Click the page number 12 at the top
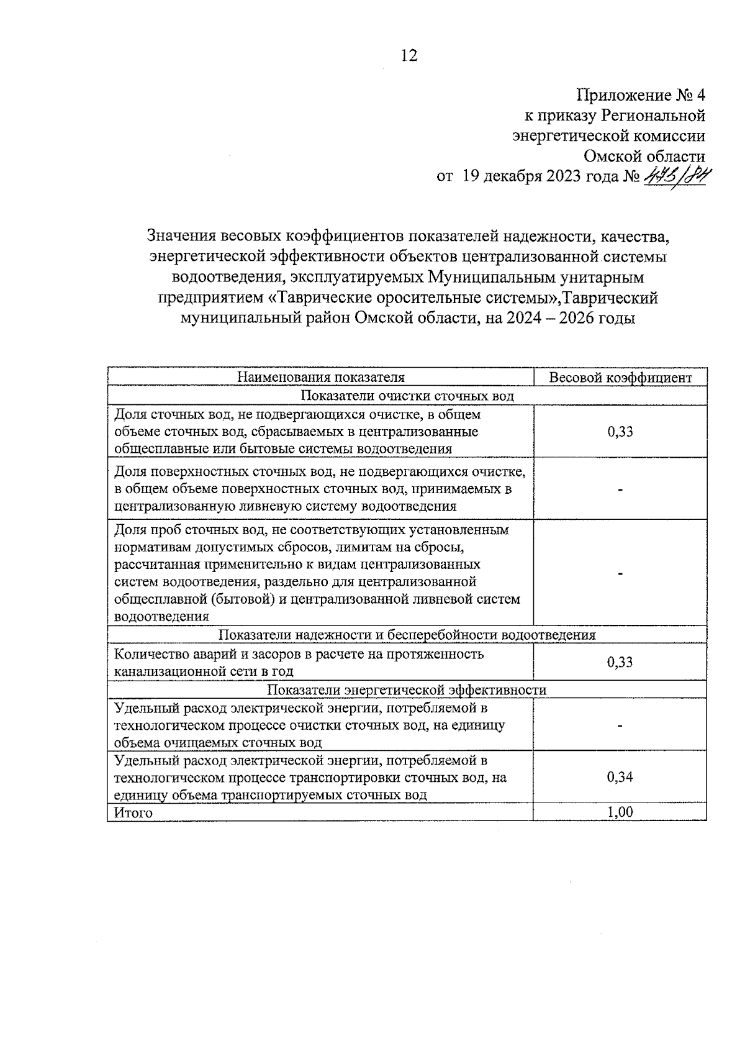pos(409,56)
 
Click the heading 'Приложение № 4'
pos(641,96)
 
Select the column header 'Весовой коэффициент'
pos(620,378)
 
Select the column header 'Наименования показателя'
pos(321,378)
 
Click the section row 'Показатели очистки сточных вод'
pos(407,396)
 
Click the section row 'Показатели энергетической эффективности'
pos(407,690)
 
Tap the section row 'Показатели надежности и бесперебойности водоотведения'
pos(407,635)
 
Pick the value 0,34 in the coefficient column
pos(620,777)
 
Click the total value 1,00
pos(620,812)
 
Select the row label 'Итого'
pos(133,812)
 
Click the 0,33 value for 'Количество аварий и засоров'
pos(620,662)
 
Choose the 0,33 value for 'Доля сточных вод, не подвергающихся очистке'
pos(620,431)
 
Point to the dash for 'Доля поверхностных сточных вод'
pos(620,489)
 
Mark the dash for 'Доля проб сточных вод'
pos(620,574)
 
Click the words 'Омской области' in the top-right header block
pos(644,156)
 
